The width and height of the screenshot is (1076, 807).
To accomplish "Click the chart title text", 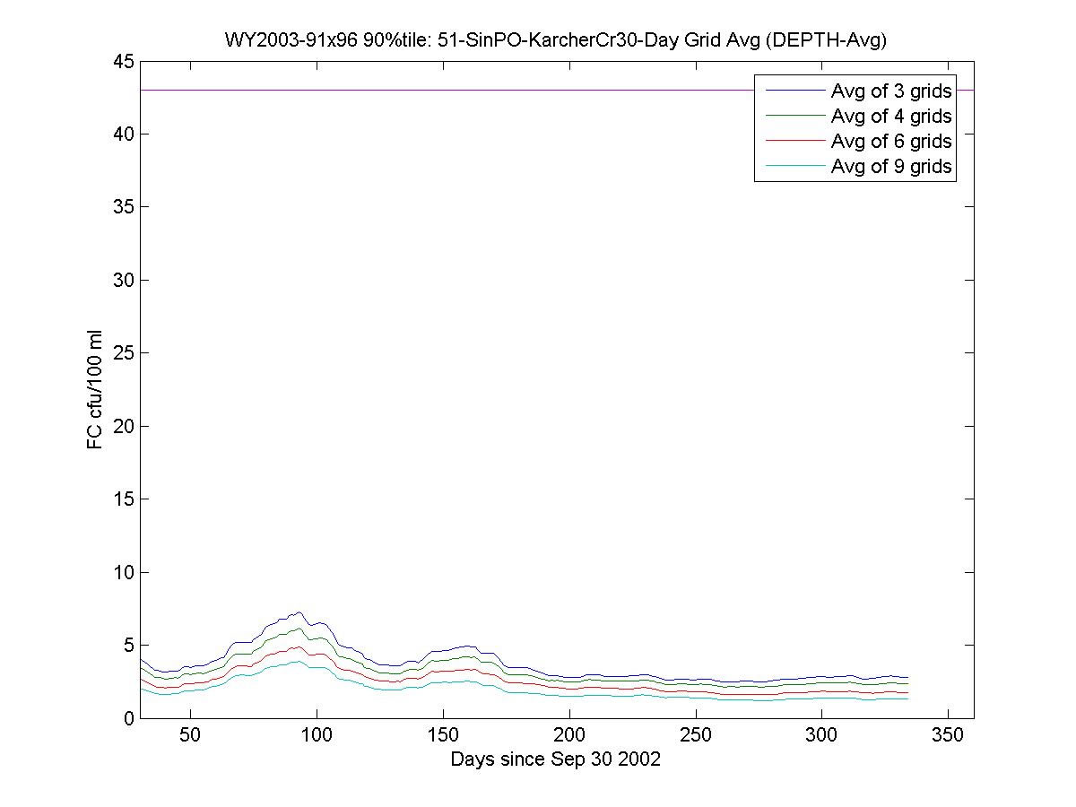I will pyautogui.click(x=556, y=39).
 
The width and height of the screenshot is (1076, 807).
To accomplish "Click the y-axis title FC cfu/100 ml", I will pyautogui.click(x=94, y=389).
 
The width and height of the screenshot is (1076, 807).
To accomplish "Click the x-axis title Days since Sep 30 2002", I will pyautogui.click(x=556, y=759).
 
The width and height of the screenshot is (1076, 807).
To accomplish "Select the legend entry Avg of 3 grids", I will pyautogui.click(x=891, y=91).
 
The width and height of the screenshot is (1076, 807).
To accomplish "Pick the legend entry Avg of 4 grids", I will pyautogui.click(x=891, y=116).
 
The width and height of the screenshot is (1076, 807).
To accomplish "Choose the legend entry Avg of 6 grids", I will pyautogui.click(x=891, y=141).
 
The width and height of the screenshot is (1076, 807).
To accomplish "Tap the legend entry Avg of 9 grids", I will pyautogui.click(x=891, y=166).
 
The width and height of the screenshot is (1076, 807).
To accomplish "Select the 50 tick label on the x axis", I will pyautogui.click(x=190, y=735).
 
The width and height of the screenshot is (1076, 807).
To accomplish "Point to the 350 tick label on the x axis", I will pyautogui.click(x=949, y=735).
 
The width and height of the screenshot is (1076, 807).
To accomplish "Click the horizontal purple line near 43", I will pyautogui.click(x=448, y=91).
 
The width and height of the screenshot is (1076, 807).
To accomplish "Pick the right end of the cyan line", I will pyautogui.click(x=907, y=699).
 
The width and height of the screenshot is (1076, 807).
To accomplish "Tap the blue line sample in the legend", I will pyautogui.click(x=794, y=91).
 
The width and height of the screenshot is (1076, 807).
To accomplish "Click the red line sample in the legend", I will pyautogui.click(x=794, y=141).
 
